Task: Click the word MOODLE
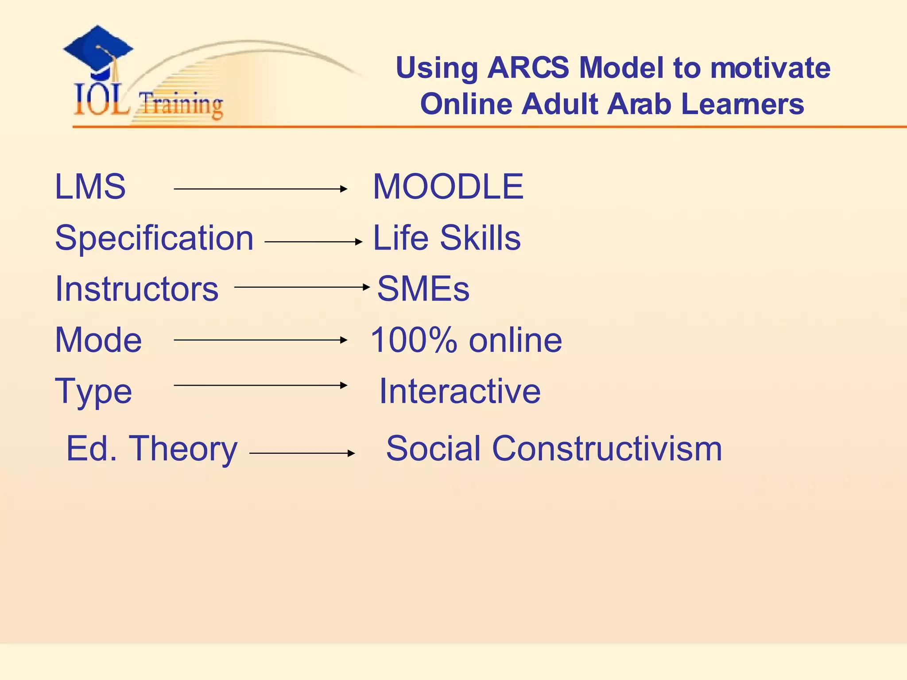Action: point(448,187)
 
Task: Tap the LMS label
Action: point(90,187)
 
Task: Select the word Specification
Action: point(154,238)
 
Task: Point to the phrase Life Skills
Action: point(447,238)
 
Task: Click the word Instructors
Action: point(137,289)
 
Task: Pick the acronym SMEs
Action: point(423,289)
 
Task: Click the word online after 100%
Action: point(516,340)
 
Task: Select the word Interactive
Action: point(460,391)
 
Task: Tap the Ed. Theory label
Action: point(152,449)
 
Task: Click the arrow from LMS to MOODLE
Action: point(260,189)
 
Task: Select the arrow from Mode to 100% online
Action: point(260,340)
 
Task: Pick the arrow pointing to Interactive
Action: point(260,385)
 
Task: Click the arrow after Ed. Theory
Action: point(302,453)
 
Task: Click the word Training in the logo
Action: point(181,104)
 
